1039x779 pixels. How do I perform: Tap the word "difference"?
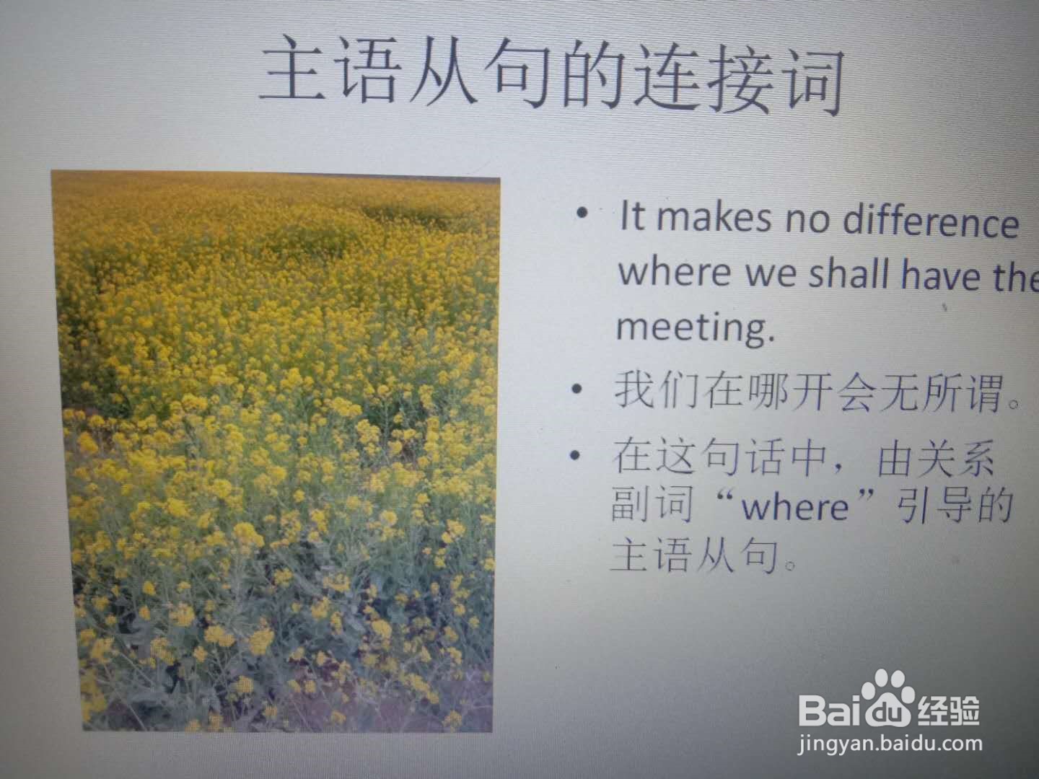coord(931,222)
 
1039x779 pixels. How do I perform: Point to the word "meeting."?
coord(696,327)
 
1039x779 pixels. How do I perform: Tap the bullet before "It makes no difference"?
coord(582,213)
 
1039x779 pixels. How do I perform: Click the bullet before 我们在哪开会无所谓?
coord(577,389)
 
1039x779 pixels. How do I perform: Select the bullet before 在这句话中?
coord(575,455)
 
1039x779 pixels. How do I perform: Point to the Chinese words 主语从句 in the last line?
coord(696,555)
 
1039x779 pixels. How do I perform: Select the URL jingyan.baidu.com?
coord(890,744)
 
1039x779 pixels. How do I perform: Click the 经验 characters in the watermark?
coord(949,710)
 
